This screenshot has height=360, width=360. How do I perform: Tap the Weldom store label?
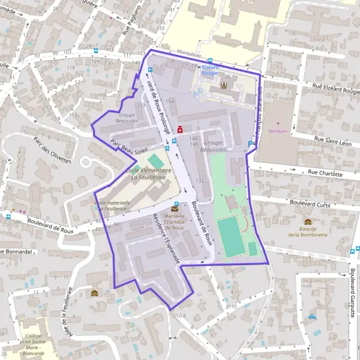(278, 131)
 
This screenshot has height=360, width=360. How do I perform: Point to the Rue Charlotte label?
(325, 173)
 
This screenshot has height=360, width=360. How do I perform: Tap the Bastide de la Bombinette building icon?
(308, 221)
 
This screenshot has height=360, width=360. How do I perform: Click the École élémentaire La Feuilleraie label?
(148, 173)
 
